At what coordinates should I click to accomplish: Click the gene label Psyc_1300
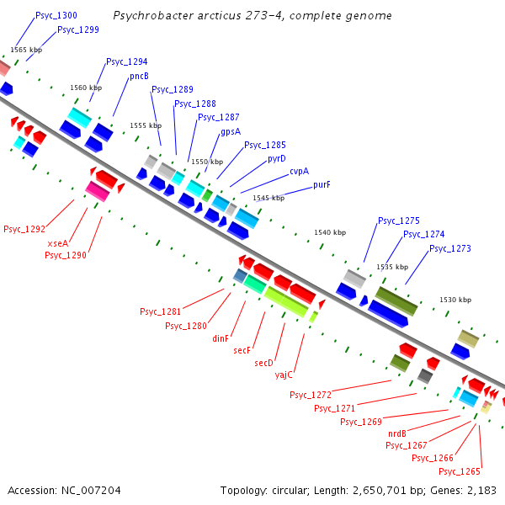56,16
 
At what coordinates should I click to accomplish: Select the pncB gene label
139,76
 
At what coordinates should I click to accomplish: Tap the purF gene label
322,184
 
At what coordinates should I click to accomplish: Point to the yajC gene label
284,375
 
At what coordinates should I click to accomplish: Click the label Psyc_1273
450,248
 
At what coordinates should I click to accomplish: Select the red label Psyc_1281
160,311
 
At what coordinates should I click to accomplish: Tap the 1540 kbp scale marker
329,232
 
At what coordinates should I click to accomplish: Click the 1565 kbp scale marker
26,50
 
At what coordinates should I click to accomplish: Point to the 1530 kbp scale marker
454,300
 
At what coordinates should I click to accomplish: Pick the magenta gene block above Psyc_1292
98,192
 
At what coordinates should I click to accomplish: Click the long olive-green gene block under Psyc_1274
396,301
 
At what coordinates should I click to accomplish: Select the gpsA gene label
231,131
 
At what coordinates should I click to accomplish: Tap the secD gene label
264,363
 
